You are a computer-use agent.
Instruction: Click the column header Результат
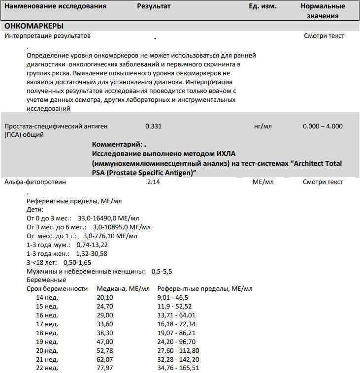click(154, 6)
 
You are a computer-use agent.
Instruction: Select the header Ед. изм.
click(262, 6)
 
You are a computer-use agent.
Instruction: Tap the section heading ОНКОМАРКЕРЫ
click(34, 26)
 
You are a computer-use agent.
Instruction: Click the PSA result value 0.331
click(153, 126)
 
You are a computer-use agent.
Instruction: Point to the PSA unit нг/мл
click(262, 126)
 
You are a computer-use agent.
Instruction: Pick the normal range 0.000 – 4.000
click(323, 126)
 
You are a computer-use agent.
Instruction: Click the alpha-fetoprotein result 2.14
click(154, 182)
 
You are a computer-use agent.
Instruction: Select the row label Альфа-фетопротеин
click(35, 182)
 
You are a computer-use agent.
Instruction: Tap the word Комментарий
click(116, 145)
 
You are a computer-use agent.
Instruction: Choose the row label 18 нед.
click(47, 333)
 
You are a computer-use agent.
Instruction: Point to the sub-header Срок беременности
click(57, 288)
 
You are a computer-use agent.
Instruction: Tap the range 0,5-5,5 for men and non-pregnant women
click(162, 271)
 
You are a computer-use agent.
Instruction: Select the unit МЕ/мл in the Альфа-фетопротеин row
click(262, 182)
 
